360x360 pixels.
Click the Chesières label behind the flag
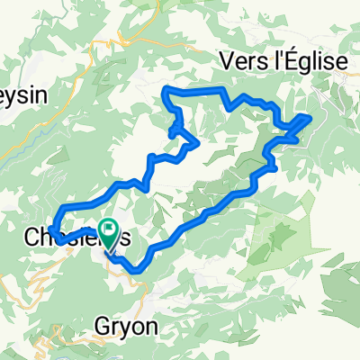click(x=81, y=240)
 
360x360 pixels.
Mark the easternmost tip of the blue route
click(x=311, y=116)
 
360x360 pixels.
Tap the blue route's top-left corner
click(x=165, y=90)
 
